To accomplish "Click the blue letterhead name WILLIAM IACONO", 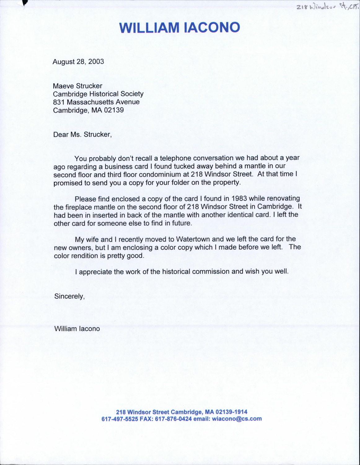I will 180,27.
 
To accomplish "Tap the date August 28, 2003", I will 78,61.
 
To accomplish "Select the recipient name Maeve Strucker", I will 77,86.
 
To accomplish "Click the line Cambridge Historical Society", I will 98,94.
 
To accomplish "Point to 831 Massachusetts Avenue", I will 96,102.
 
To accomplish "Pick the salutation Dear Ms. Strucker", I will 82,135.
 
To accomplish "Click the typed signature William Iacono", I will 77,329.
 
